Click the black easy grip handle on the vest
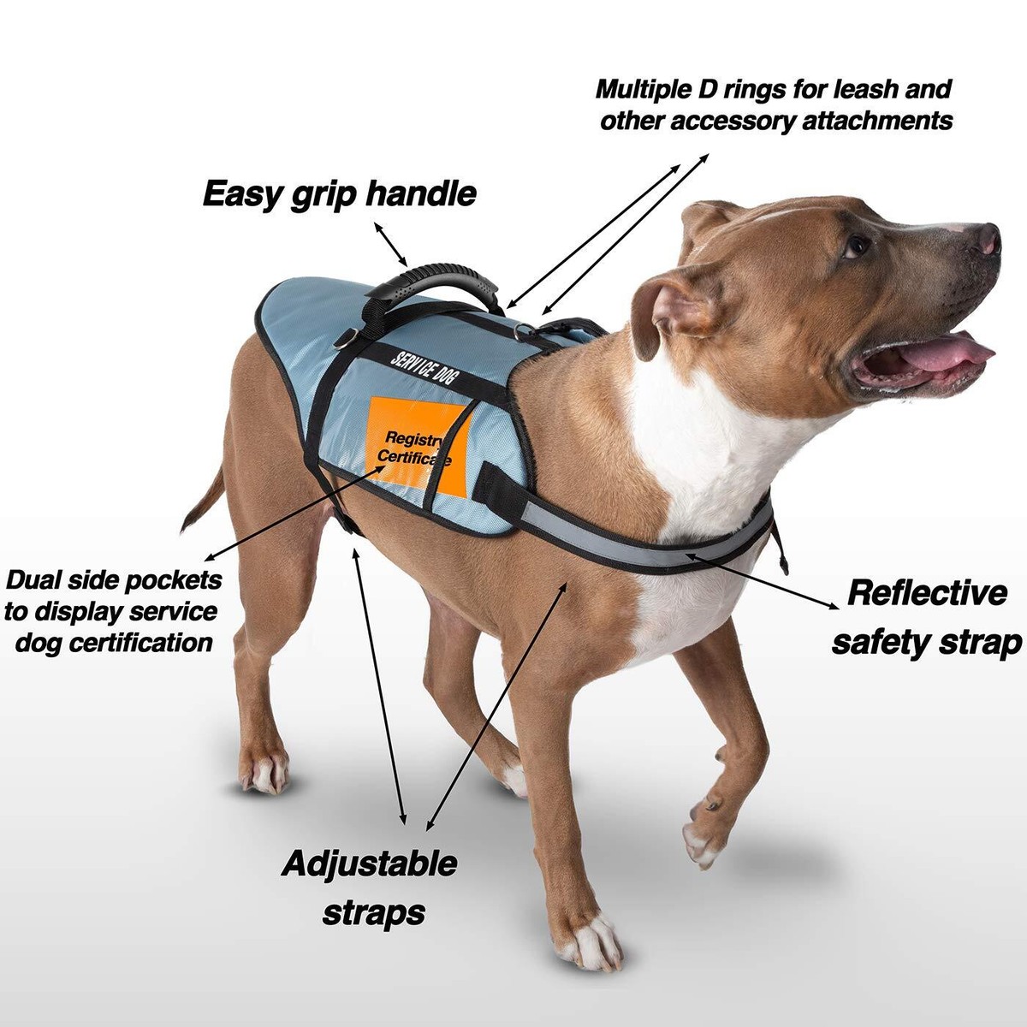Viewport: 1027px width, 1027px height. pos(444,282)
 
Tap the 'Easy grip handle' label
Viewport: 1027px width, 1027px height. pos(339,194)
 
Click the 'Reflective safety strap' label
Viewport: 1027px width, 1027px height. pos(926,617)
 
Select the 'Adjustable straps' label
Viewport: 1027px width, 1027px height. pos(369,887)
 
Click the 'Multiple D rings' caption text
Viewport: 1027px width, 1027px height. pos(775,104)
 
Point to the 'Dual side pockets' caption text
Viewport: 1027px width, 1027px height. pos(112,611)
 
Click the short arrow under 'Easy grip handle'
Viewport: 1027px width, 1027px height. pos(392,244)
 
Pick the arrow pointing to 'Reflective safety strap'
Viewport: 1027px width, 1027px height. pos(766,581)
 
